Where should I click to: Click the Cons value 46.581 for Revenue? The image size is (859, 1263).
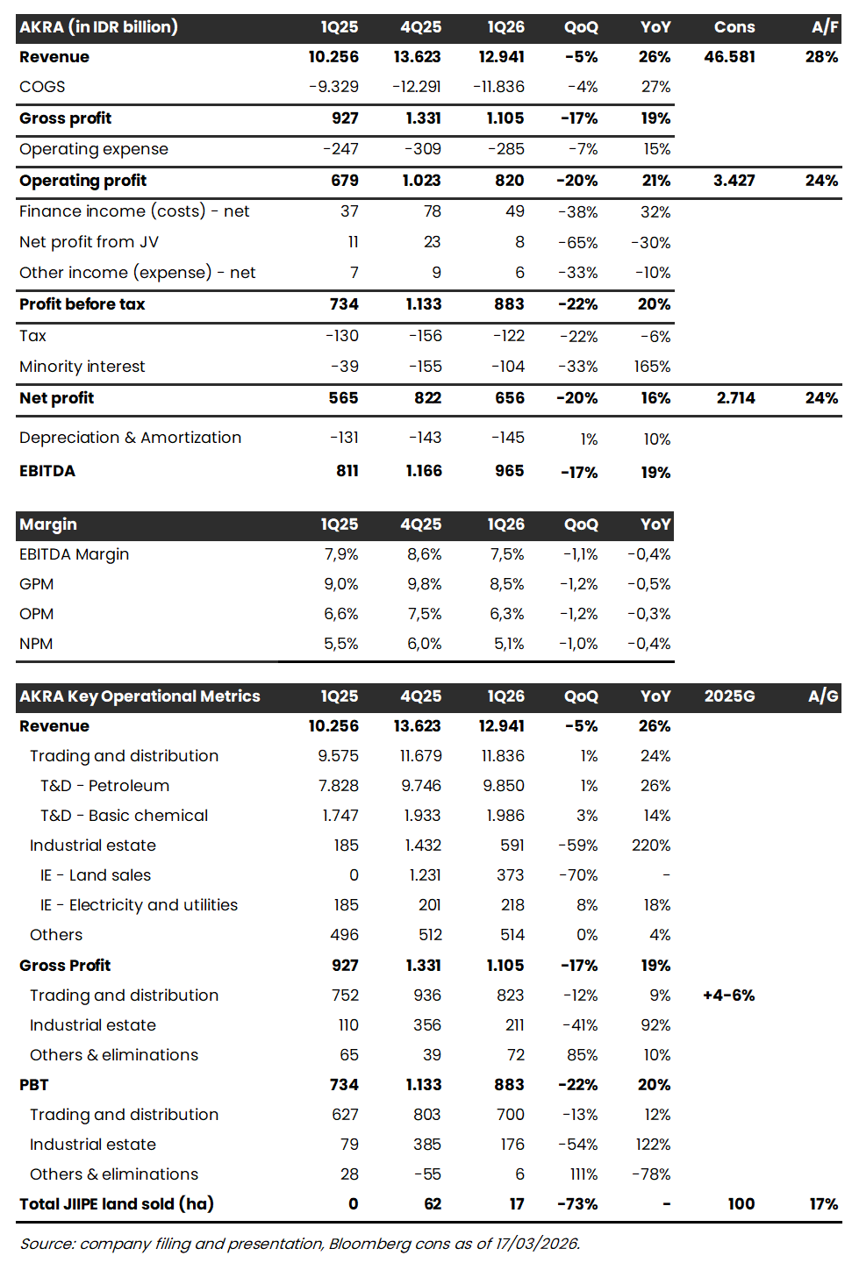point(729,57)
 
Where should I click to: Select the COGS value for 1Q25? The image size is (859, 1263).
point(333,87)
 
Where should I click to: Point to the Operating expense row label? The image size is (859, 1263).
point(94,149)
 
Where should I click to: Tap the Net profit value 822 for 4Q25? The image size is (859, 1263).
point(427,398)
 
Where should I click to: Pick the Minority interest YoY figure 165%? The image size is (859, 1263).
point(652,367)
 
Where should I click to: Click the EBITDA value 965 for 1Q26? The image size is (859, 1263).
point(509,471)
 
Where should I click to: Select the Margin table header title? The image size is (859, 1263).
point(48,524)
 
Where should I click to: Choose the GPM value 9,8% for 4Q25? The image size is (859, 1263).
point(424,584)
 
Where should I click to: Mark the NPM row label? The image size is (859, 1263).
point(36,644)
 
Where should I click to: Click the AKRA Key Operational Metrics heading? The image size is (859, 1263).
point(140,696)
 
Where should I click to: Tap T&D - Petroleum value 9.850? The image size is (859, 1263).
point(504,786)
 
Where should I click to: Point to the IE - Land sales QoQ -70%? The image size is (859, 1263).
point(577,875)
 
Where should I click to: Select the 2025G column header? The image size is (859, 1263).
point(729,696)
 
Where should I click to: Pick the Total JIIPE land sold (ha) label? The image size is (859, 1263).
point(117,1204)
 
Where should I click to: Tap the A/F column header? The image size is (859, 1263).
point(824,27)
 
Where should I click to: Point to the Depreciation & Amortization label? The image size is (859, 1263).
point(130,438)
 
